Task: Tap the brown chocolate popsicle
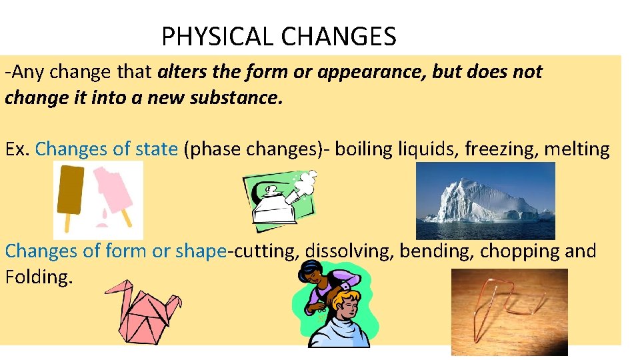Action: (71, 189)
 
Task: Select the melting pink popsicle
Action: (112, 193)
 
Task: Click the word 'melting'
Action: (577, 149)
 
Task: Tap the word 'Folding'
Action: (37, 277)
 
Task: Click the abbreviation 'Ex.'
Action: (17, 149)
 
